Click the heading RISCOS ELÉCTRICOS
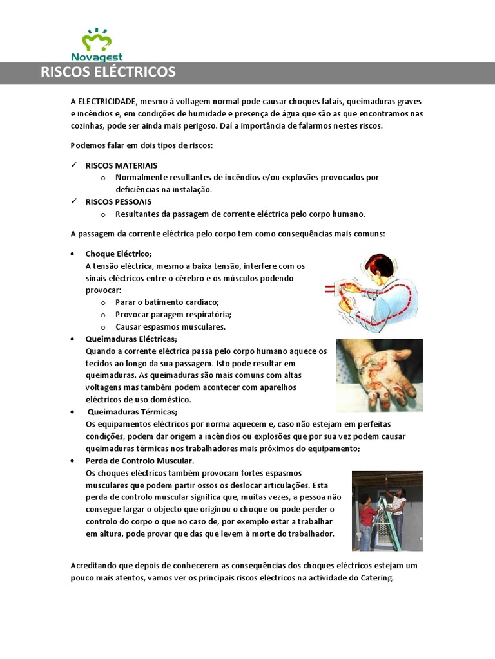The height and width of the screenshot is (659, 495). tap(108, 72)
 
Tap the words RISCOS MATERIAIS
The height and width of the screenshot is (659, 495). tap(121, 165)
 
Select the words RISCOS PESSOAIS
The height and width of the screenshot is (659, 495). tap(119, 201)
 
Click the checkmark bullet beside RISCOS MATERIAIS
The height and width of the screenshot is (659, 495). tap(74, 165)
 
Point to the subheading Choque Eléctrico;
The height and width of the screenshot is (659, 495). tap(119, 254)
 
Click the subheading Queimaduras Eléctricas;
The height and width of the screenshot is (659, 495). tap(131, 339)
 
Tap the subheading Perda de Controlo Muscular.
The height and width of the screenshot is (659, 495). tap(140, 461)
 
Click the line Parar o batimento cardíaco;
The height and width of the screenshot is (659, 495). tap(167, 302)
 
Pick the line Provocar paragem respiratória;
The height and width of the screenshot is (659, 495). tap(173, 314)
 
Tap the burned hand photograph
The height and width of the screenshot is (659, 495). tap(379, 375)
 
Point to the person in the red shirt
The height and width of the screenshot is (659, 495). tap(367, 518)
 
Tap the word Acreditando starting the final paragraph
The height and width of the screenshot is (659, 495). tap(94, 566)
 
